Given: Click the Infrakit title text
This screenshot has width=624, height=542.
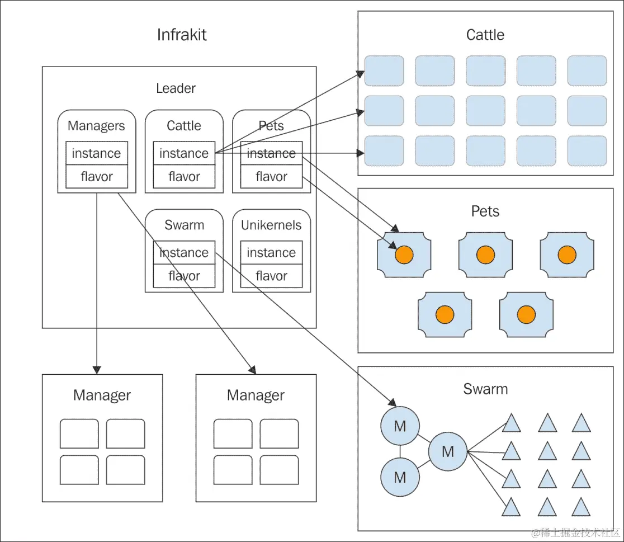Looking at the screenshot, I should (182, 35).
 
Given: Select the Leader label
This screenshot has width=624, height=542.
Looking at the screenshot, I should (176, 88).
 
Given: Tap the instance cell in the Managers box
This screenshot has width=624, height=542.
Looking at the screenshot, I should (96, 153).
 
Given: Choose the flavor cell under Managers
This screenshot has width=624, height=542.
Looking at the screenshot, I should (96, 177).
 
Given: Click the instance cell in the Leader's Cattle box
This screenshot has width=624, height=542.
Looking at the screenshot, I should (183, 153).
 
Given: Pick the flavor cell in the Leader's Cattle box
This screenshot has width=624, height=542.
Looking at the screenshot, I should (183, 177).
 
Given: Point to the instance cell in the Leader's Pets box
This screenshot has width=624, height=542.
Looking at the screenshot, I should (271, 153).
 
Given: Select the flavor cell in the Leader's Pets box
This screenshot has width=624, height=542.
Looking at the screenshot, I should (271, 177).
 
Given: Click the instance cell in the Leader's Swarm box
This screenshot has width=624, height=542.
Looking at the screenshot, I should (183, 253).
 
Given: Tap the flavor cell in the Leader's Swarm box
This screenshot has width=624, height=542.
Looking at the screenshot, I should (183, 276).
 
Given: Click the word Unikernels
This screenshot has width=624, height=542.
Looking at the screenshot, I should (271, 225).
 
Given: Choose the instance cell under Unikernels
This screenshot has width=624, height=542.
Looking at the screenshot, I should (271, 253).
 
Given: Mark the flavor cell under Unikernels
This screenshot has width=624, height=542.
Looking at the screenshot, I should (271, 276).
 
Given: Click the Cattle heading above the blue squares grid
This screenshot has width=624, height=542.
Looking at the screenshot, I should (485, 35).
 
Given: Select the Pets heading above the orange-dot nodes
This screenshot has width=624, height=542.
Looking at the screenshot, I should (485, 211).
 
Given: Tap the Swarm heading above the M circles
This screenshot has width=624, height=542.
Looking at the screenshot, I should (485, 389).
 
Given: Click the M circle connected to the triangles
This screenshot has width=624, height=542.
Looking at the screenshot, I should (447, 451).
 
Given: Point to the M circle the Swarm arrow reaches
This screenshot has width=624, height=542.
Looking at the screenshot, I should (400, 426).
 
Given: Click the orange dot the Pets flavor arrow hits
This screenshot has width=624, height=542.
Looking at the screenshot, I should (404, 254).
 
